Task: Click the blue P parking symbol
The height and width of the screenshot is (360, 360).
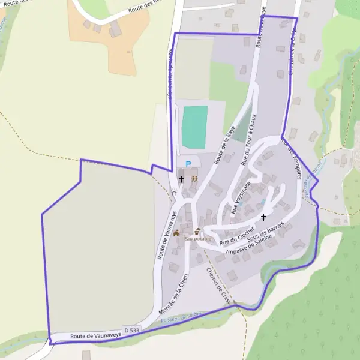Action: (x=188, y=164)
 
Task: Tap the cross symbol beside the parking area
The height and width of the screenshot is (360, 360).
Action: (x=181, y=179)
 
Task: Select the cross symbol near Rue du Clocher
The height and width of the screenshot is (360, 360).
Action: (x=263, y=217)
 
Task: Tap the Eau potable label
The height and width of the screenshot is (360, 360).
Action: (x=198, y=239)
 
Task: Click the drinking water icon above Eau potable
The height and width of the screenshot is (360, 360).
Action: (x=197, y=232)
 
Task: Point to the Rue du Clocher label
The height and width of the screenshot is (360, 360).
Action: (x=238, y=233)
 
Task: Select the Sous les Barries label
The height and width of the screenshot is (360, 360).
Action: (x=265, y=235)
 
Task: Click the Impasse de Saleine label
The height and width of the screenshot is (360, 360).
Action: (x=250, y=245)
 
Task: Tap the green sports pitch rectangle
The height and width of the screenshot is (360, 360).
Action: (x=194, y=127)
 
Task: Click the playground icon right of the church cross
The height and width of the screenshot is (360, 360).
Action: (x=194, y=178)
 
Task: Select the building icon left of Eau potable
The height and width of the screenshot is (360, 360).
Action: (x=176, y=233)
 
